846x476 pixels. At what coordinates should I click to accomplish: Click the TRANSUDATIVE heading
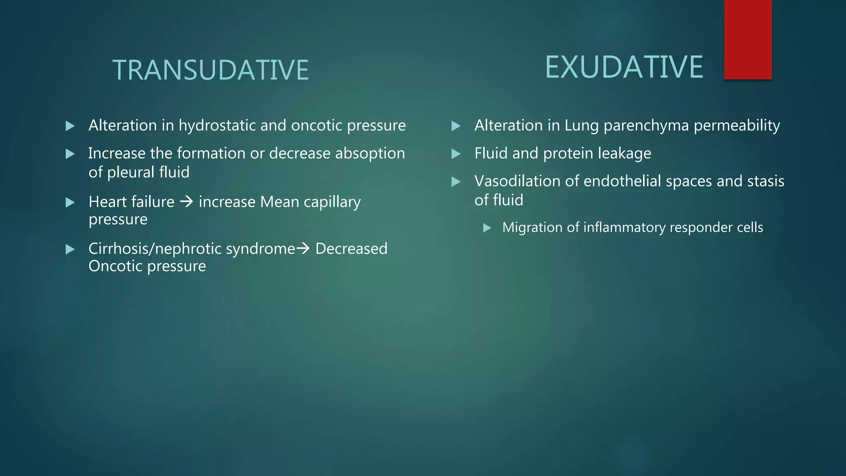click(x=210, y=70)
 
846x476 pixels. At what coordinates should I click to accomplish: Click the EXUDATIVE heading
click(x=624, y=67)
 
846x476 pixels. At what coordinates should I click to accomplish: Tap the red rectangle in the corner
click(x=748, y=40)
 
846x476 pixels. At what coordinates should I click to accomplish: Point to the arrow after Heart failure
click(x=187, y=202)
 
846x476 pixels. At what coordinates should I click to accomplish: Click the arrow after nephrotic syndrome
click(x=303, y=248)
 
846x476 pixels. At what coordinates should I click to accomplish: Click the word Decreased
click(x=351, y=249)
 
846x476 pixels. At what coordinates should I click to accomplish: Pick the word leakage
click(x=624, y=153)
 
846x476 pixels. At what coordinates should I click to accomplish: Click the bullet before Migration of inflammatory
click(x=487, y=228)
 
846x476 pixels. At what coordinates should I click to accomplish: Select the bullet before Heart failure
click(x=70, y=202)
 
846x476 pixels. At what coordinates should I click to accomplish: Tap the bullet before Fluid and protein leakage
click(x=456, y=154)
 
